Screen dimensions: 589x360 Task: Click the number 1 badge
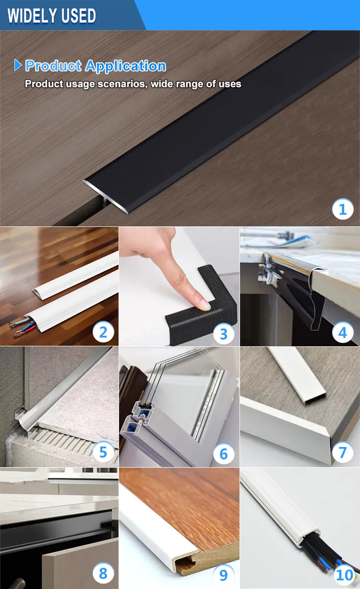click(343, 209)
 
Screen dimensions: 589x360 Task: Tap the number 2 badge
click(103, 331)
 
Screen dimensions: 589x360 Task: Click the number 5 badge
click(103, 452)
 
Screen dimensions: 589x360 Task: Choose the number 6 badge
click(223, 453)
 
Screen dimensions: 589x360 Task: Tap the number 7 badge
click(343, 452)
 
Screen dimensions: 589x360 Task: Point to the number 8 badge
click(103, 573)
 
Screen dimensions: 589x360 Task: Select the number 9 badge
click(223, 574)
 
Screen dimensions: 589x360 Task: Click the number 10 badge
click(344, 574)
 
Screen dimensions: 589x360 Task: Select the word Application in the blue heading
click(130, 66)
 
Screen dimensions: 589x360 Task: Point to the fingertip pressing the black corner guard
click(204, 303)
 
